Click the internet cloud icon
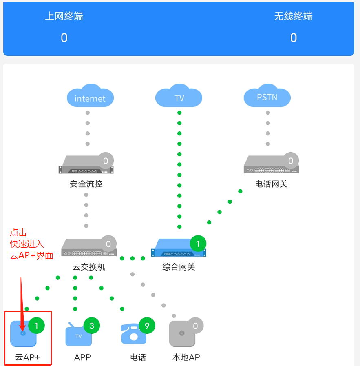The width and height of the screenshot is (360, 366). (90, 97)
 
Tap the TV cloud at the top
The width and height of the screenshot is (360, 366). (179, 97)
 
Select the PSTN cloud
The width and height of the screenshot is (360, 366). (267, 97)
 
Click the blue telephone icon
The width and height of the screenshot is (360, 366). (133, 333)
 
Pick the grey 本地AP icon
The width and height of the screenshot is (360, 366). (182, 333)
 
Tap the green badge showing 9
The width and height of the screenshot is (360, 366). (147, 326)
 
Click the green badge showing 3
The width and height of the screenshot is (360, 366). (92, 326)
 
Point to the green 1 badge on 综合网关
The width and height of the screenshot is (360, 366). (198, 244)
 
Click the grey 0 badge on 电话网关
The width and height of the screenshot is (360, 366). (291, 161)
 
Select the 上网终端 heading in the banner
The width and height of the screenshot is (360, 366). (64, 16)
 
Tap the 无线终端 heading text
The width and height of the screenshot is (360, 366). (293, 16)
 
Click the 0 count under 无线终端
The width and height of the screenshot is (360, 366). (293, 38)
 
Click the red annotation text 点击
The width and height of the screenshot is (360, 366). (18, 233)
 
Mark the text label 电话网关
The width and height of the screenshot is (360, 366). (271, 184)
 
